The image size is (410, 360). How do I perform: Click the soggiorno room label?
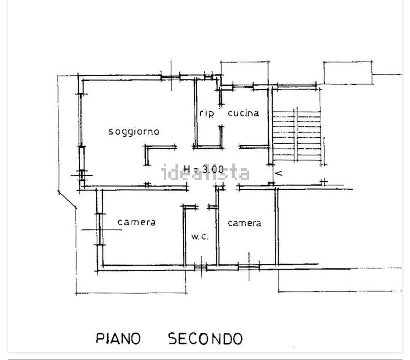point(134,132)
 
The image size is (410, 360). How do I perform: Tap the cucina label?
point(243,113)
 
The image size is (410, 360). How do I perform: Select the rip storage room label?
point(207,113)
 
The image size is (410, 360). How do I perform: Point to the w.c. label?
point(200,237)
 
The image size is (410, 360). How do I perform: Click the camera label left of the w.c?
point(137,222)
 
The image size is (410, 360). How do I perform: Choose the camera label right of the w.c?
point(244,223)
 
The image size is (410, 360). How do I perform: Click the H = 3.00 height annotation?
point(204,169)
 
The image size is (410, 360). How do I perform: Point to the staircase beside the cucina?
point(297,135)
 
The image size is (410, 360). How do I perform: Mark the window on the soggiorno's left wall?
point(81,120)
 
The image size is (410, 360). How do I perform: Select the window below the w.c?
point(201,268)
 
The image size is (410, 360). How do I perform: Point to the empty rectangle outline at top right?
point(348,73)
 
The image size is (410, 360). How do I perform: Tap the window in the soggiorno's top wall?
point(170,77)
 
